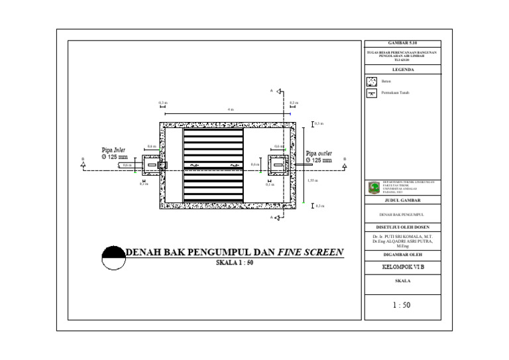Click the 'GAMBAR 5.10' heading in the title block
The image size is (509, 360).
click(x=408, y=42)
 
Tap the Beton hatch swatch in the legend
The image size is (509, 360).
click(x=372, y=82)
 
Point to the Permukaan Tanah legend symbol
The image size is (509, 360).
click(x=372, y=93)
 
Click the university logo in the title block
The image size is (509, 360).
click(x=374, y=187)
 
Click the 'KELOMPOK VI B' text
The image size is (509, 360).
click(x=404, y=268)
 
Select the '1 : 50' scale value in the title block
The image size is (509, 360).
click(x=402, y=306)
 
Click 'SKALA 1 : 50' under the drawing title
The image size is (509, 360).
click(x=235, y=263)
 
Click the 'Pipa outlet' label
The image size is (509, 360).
click(x=319, y=153)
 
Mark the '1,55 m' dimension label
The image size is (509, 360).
click(x=312, y=180)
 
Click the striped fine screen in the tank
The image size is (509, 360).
click(x=213, y=165)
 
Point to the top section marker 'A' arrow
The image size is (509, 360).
click(x=280, y=91)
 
